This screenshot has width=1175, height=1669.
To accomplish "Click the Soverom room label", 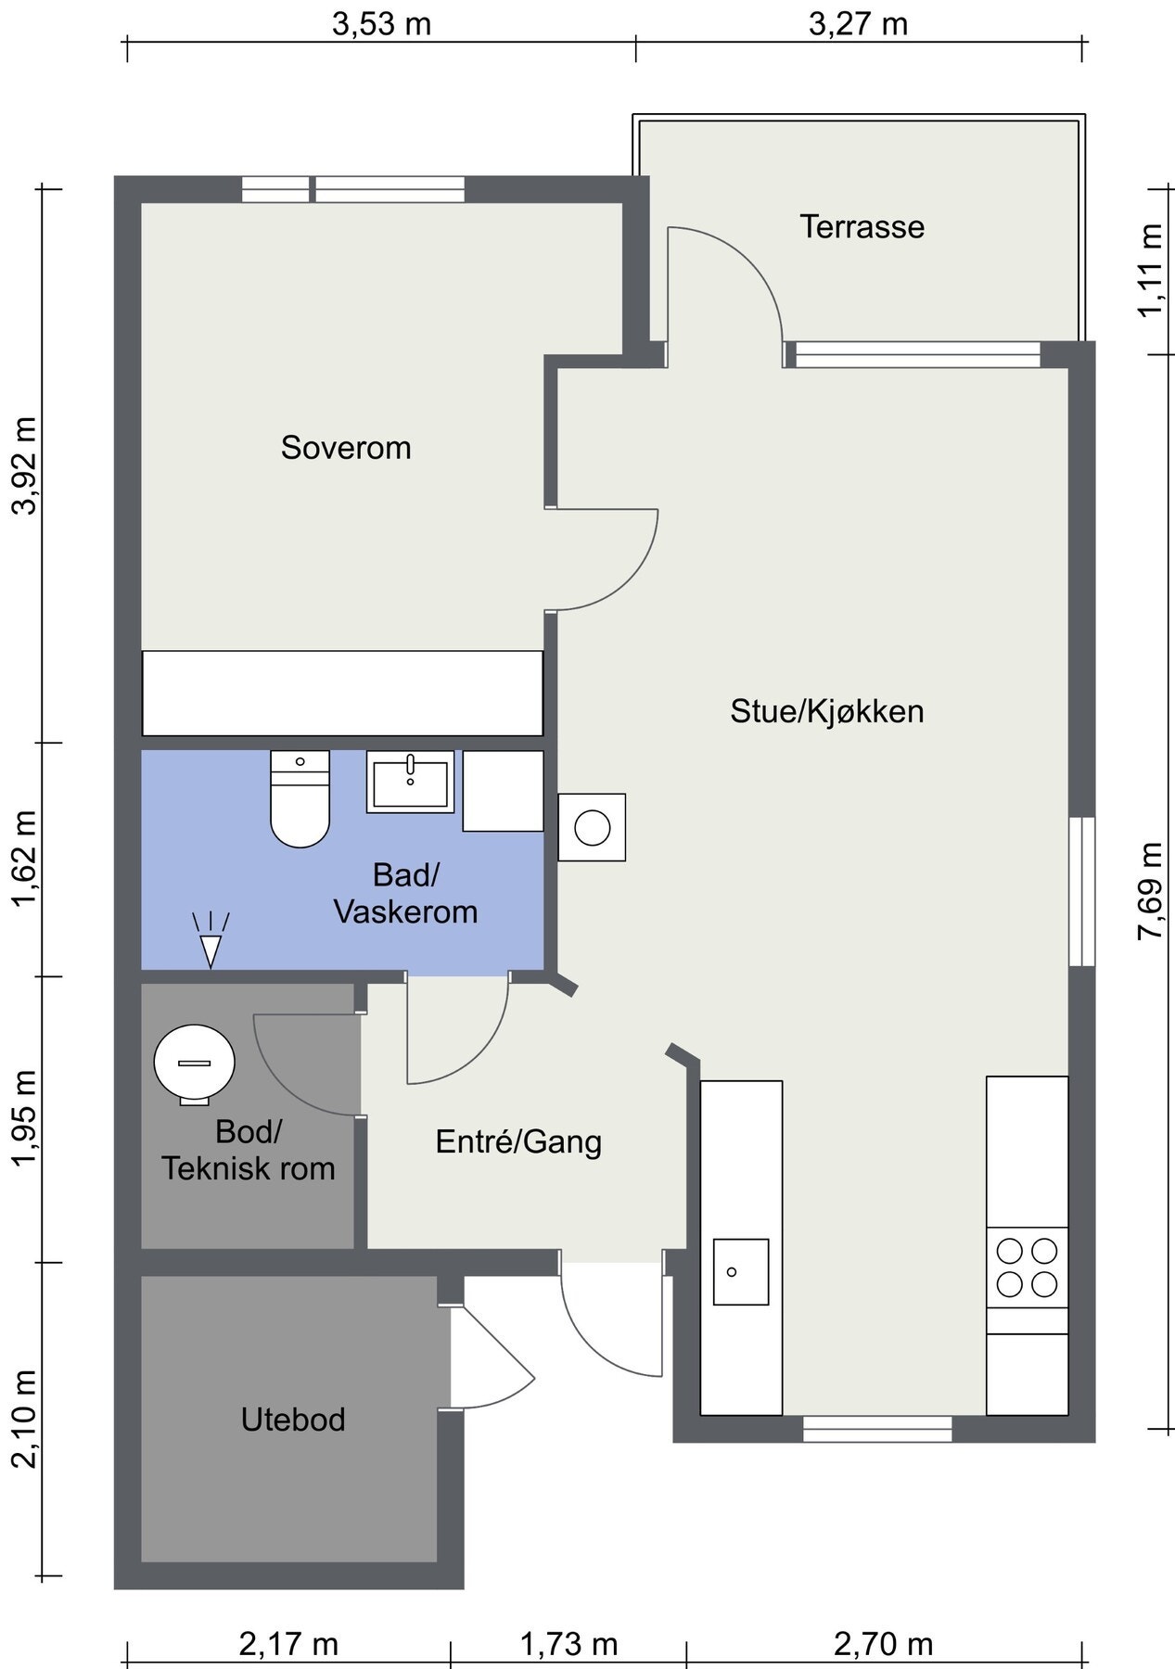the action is pos(346,448).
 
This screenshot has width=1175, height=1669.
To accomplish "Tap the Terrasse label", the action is pos(862,227).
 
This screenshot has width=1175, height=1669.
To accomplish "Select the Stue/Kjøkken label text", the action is pos(827,712).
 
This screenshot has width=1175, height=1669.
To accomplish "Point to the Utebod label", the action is pos(293,1420).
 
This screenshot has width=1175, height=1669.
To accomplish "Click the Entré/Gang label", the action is pos(518,1141).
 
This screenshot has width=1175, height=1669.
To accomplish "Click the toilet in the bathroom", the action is pos(300,799).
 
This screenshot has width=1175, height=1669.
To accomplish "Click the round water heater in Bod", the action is pos(194,1064).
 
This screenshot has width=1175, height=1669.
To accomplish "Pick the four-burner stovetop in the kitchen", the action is pos(1027,1268).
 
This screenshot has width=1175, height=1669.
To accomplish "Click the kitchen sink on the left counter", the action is pos(741,1271).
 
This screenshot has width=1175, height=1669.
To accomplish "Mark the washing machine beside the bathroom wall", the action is pos(592,827).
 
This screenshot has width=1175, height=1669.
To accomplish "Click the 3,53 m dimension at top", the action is pos(382,24).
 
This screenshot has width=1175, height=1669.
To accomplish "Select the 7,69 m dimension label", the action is pos(1151,890).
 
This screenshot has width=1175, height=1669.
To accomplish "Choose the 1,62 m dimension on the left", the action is pos(24,860).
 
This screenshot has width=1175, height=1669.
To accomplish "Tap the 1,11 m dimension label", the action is pos(1151,270).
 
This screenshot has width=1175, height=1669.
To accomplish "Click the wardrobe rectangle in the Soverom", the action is pos(342,694).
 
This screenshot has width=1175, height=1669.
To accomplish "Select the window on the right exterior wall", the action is pos(1081,892).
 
